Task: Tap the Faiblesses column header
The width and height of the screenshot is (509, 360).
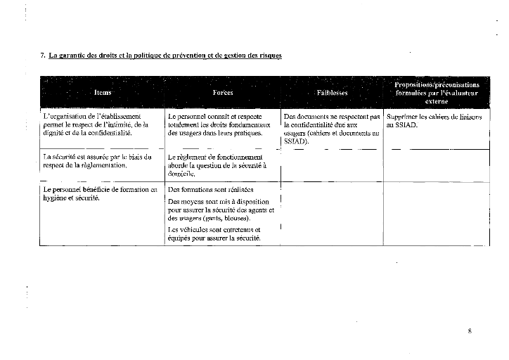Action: coord(332,92)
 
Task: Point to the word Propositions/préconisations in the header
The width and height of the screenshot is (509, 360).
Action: coord(437,84)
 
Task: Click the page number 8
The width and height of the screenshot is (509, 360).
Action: coord(469,330)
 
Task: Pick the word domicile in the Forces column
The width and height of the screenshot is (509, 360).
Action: coord(181,173)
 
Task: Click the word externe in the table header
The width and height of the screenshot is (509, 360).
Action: coord(437,101)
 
